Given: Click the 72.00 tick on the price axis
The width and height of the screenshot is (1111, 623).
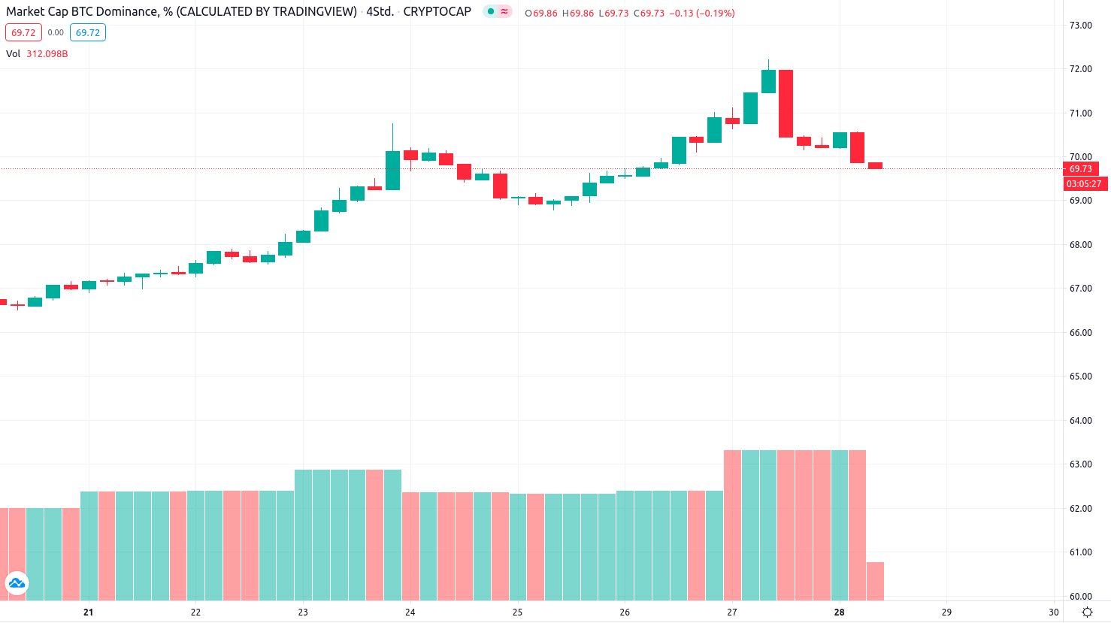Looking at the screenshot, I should [x=1080, y=69].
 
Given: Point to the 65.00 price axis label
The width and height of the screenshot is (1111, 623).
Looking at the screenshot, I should [x=1080, y=377].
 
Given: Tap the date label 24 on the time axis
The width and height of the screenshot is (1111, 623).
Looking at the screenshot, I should [x=410, y=612].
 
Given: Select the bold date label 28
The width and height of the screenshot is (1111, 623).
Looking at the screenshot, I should [x=840, y=612].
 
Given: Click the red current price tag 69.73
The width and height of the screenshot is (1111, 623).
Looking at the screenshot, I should [x=1080, y=169].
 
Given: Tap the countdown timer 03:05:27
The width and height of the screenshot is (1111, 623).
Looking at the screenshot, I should [x=1084, y=184].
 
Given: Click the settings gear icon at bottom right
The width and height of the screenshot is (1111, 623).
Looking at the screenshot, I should [x=1087, y=612].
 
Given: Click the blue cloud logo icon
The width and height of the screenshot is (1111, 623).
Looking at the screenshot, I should [x=17, y=583].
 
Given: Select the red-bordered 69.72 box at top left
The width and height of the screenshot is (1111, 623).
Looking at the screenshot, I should [x=23, y=33].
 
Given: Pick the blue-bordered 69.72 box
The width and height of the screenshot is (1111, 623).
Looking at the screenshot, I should [x=88, y=33].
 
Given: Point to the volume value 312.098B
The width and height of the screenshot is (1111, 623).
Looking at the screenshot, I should [x=47, y=54].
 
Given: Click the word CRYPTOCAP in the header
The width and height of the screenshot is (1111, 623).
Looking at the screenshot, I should [x=437, y=12].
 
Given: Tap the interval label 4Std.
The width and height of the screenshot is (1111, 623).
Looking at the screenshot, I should [x=380, y=12].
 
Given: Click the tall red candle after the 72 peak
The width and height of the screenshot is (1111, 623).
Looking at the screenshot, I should [x=786, y=104].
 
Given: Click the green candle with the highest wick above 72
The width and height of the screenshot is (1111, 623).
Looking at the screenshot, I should [x=768, y=81].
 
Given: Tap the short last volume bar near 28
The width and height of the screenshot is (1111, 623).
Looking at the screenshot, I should [x=875, y=581].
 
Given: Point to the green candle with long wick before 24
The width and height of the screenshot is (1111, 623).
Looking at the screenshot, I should [x=392, y=170].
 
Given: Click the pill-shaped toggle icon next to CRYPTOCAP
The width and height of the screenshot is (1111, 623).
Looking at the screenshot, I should [x=498, y=12].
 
